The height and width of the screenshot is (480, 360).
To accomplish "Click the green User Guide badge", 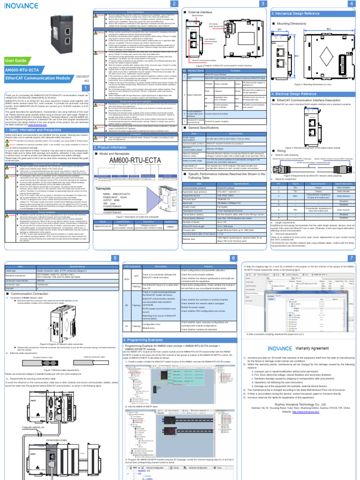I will (15, 60).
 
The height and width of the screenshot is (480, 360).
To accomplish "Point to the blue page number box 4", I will (351, 4).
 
